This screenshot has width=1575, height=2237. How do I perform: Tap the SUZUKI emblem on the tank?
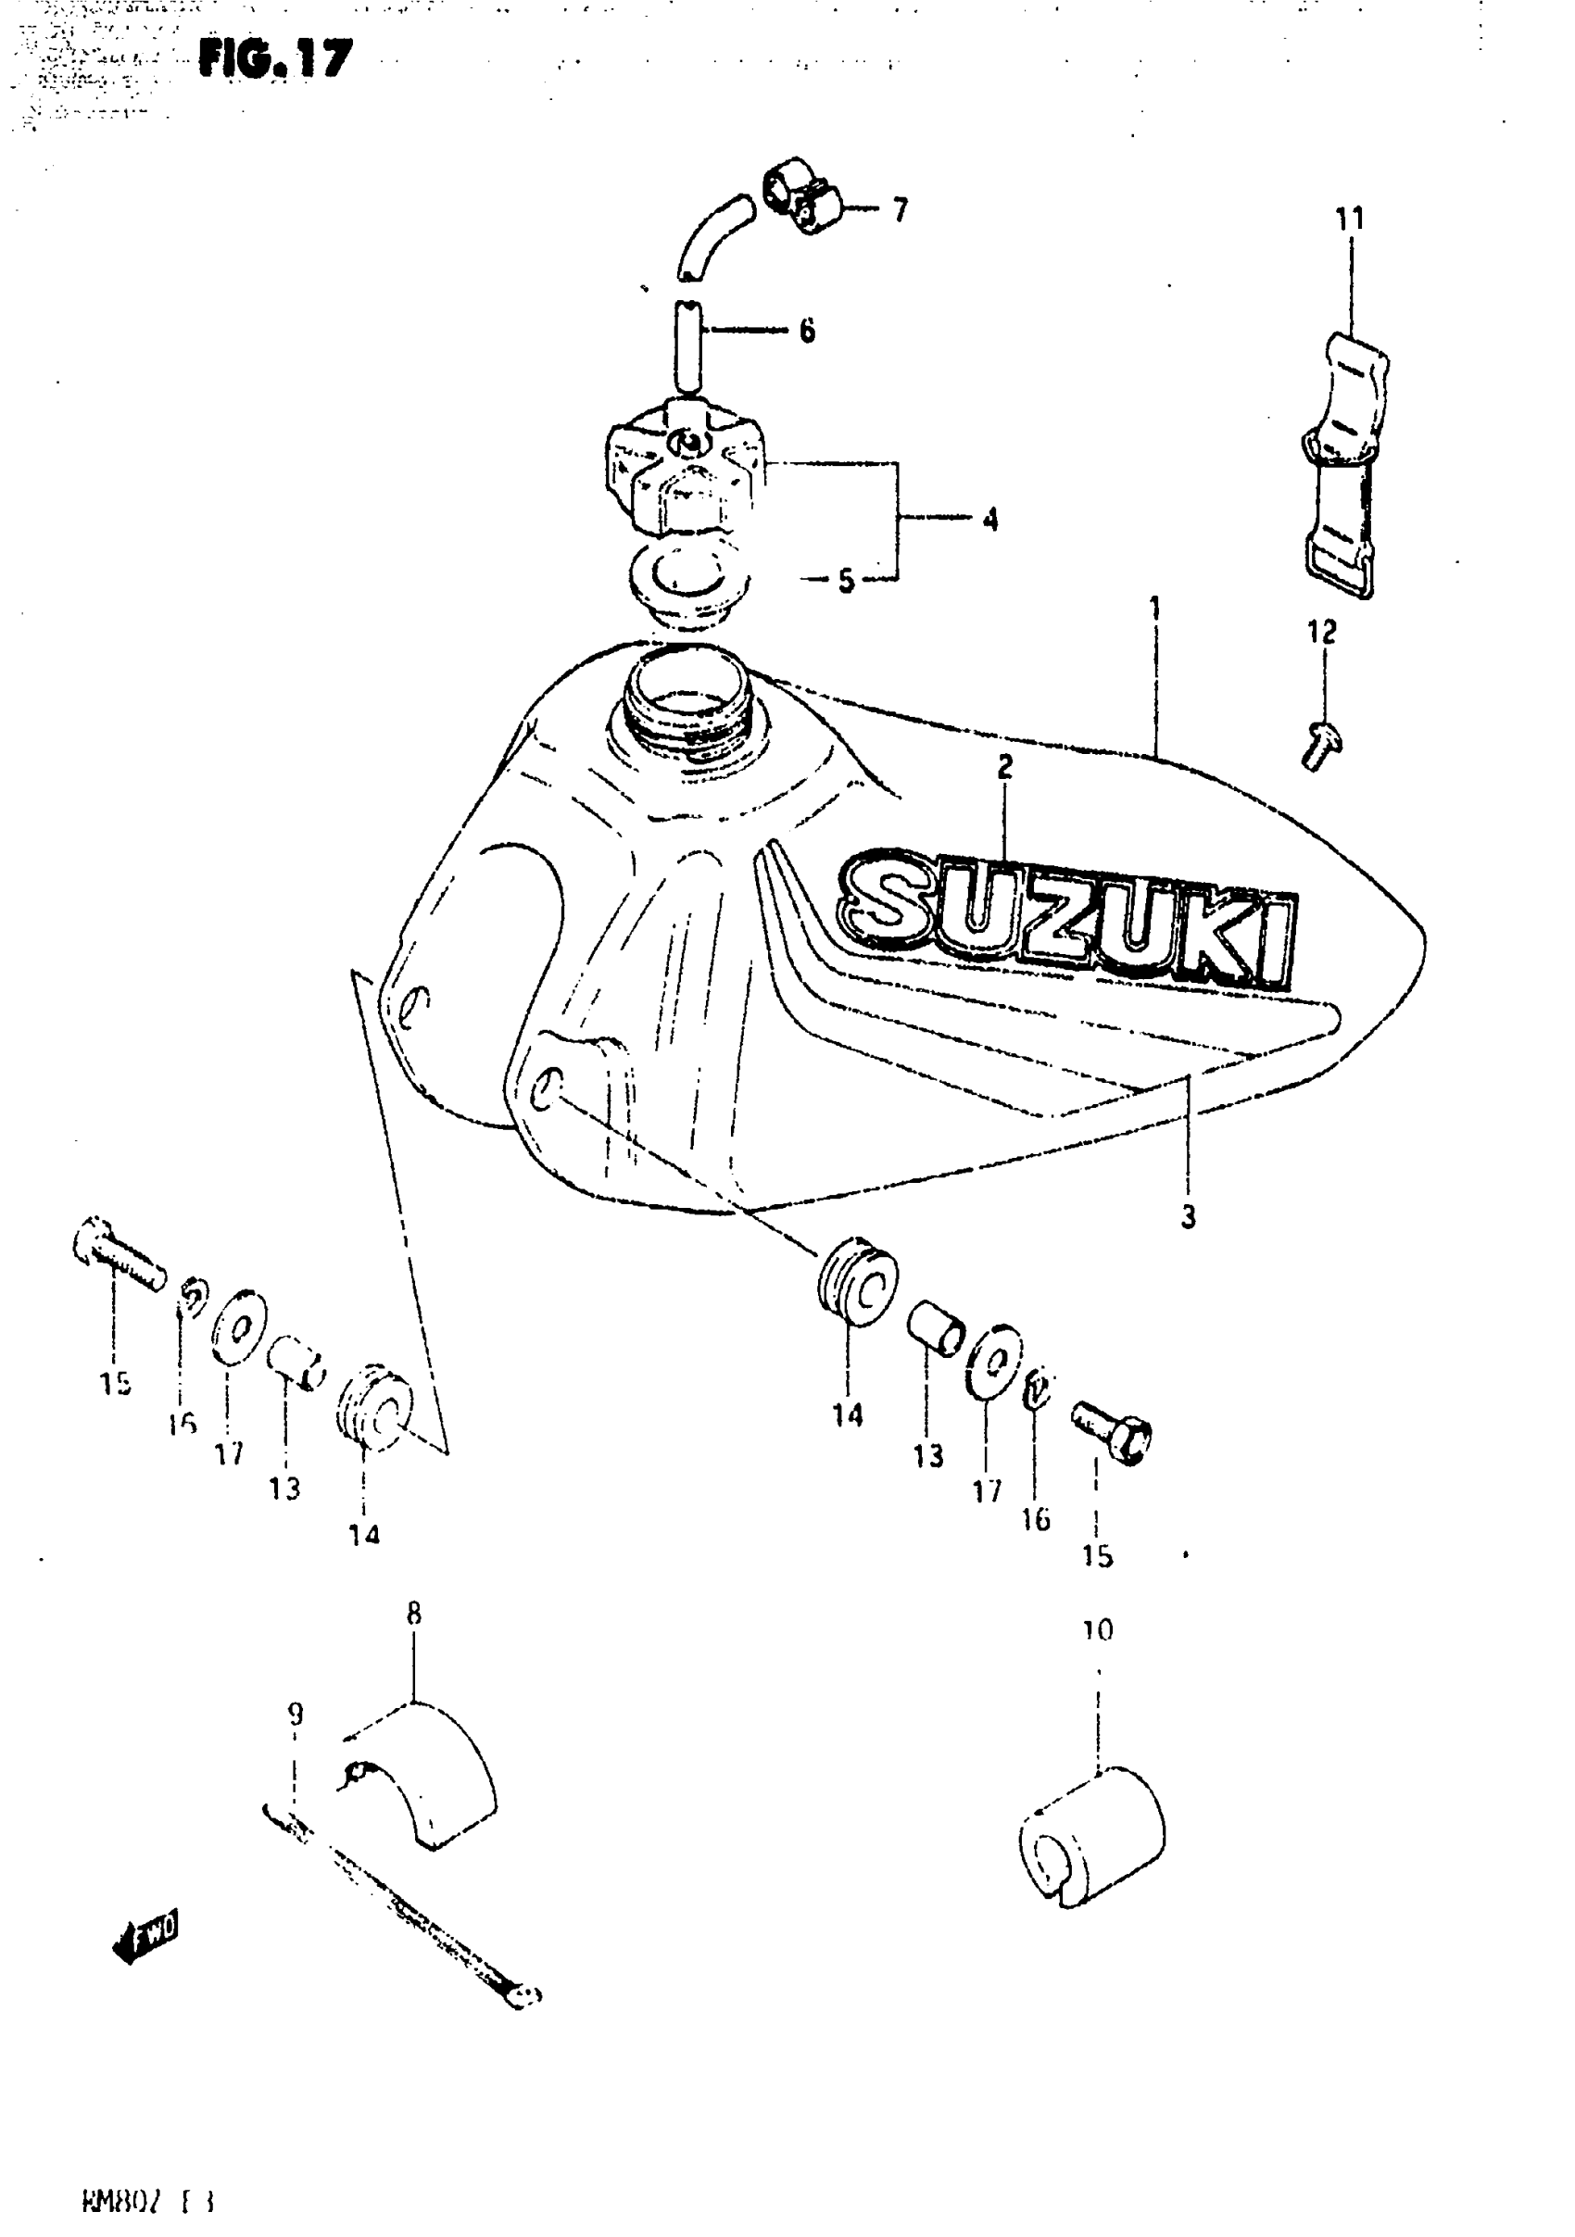coord(1067,921)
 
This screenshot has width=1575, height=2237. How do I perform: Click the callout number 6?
coord(807,332)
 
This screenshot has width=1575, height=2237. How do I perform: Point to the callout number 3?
coord(1188,1217)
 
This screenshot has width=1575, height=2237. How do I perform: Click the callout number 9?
coord(296,1714)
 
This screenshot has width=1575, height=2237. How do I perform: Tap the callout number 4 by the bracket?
coord(990,521)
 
